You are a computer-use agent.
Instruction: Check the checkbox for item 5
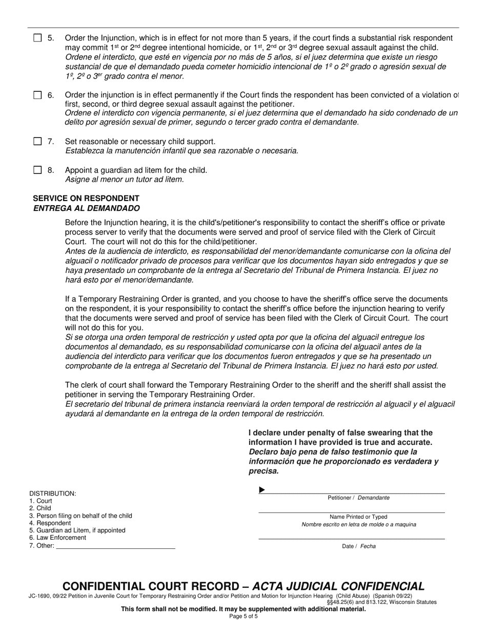click(x=37, y=38)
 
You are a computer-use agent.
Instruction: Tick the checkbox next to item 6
click(x=37, y=95)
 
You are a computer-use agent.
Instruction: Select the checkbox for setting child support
click(x=37, y=141)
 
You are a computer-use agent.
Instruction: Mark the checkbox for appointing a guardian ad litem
click(x=37, y=170)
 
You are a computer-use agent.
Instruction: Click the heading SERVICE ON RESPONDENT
click(x=86, y=199)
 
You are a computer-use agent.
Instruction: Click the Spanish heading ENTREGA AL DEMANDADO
click(x=86, y=208)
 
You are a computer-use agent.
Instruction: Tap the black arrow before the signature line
click(x=262, y=490)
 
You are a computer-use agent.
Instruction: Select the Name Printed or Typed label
click(x=358, y=517)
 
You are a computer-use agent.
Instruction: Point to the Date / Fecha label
click(x=358, y=546)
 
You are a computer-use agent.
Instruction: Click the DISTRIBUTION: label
click(x=53, y=494)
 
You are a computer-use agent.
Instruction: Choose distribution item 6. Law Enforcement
click(x=57, y=538)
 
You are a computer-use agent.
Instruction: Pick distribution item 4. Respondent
click(x=50, y=523)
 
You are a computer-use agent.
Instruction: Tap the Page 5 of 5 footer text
click(x=243, y=616)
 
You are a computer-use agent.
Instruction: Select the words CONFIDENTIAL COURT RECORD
click(x=150, y=586)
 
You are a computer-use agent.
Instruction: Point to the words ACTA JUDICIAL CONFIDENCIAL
click(x=339, y=586)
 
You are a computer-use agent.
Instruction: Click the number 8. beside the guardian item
click(x=51, y=170)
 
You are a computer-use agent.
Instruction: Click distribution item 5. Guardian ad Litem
click(x=77, y=530)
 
